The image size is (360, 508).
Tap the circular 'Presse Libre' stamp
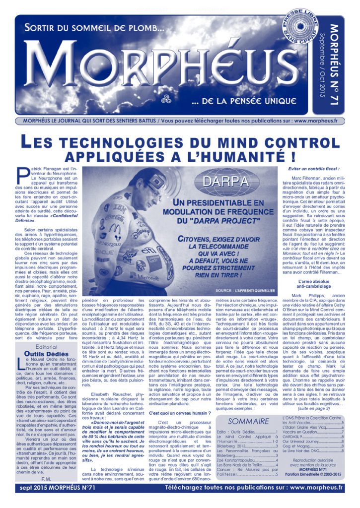coord(300,29)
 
